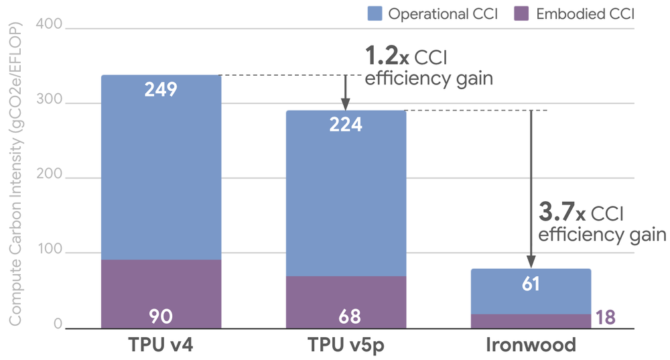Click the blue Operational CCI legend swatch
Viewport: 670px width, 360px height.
[375, 13]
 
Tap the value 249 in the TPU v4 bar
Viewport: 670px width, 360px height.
[161, 89]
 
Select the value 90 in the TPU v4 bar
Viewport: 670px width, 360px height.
[161, 315]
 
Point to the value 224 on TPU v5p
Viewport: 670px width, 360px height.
[346, 125]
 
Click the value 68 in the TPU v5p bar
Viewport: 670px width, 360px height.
[346, 315]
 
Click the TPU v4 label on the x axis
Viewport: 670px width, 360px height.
[161, 346]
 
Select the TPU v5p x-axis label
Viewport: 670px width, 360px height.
[346, 346]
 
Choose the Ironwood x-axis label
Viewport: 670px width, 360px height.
[530, 346]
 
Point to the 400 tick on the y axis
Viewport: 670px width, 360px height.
[52, 26]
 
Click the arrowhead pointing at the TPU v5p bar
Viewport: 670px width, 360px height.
[345, 105]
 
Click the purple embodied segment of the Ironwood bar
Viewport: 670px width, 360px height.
[530, 321]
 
